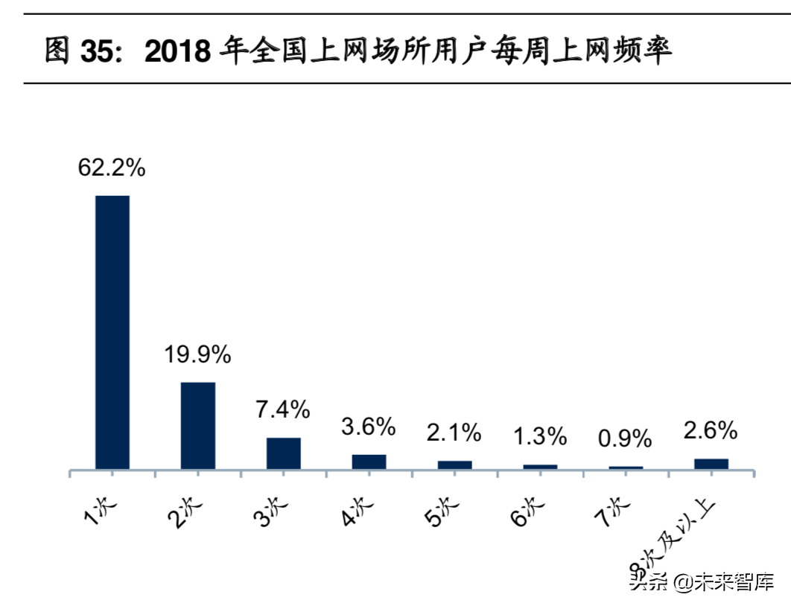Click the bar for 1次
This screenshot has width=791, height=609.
point(112,332)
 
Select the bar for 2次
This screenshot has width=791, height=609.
point(198,425)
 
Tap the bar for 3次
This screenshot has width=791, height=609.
point(284,453)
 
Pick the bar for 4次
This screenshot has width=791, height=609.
point(369,462)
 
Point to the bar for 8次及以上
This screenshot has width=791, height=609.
point(711,464)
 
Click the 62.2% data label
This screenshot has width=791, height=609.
point(112,168)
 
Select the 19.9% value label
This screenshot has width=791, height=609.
point(197,355)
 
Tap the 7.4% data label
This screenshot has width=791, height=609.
point(283,409)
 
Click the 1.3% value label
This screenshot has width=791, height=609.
point(539,436)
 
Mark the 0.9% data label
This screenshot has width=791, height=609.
point(625,439)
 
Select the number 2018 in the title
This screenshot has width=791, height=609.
point(179,52)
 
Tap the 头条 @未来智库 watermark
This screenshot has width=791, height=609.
point(701,581)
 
